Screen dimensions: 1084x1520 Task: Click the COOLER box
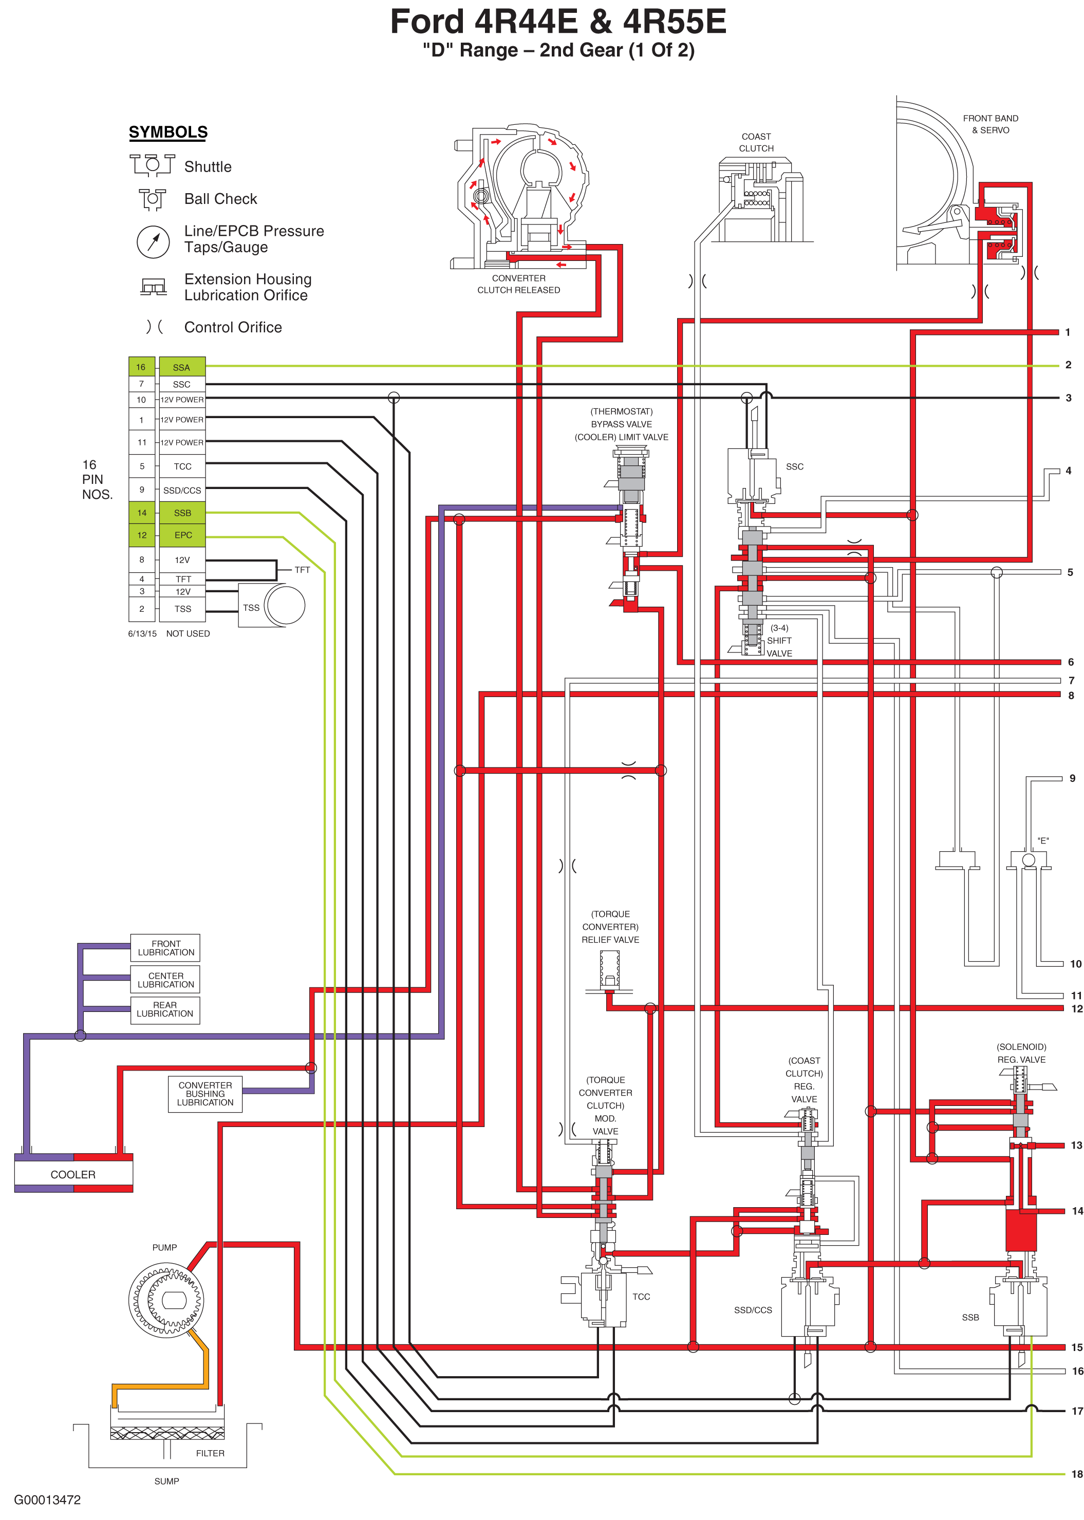point(73,1174)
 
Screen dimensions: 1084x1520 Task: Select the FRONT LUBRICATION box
point(165,948)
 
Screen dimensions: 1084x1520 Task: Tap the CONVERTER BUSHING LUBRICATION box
point(205,1094)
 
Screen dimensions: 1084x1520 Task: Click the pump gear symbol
point(165,1300)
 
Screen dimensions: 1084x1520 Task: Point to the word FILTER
point(210,1453)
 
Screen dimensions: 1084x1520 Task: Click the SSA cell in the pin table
point(181,367)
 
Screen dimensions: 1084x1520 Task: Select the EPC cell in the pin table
point(183,535)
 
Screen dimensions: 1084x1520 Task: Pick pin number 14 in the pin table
point(141,513)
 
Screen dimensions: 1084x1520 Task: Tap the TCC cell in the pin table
point(182,466)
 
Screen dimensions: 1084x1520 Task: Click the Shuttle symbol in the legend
point(152,164)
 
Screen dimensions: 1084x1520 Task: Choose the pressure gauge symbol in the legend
point(154,241)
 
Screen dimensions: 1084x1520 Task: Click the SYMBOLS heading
point(168,132)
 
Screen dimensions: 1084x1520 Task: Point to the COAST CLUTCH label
point(756,142)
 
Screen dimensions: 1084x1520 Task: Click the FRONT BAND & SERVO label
point(990,124)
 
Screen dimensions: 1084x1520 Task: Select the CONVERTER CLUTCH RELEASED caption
point(519,284)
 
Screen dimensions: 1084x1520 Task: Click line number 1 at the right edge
point(1068,332)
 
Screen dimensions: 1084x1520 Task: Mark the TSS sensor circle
point(285,605)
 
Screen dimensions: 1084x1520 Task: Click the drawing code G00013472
point(47,1500)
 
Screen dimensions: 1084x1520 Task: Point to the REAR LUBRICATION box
point(165,1009)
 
